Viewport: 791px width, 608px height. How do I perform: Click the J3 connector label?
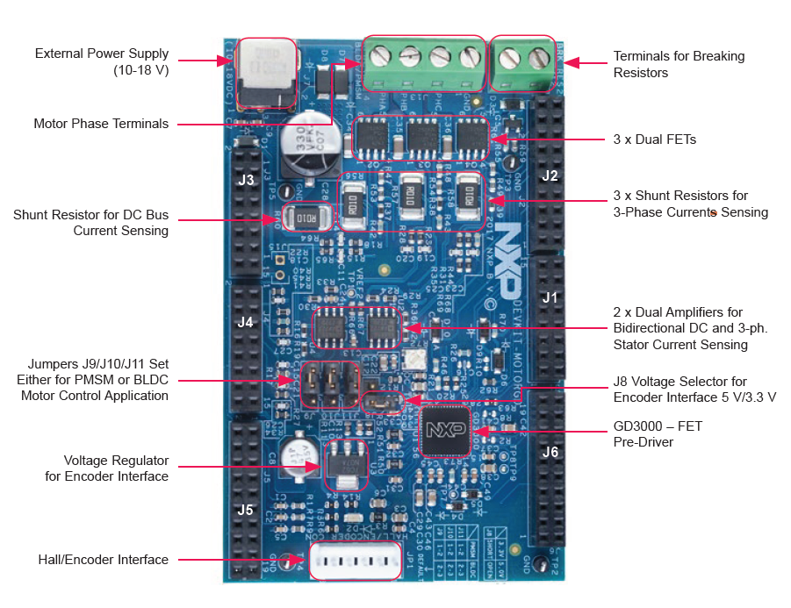coord(247,181)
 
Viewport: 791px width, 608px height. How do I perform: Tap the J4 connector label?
coord(246,322)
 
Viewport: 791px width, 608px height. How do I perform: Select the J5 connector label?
coord(245,509)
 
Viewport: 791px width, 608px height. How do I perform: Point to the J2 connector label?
coord(550,175)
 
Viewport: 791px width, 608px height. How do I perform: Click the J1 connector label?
coord(550,297)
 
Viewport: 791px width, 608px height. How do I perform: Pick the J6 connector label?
coord(550,453)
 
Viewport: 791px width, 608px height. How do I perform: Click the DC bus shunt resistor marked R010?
coord(310,218)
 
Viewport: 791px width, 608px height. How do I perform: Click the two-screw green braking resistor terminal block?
coord(523,62)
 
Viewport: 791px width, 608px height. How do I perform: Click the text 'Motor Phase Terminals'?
coord(101,124)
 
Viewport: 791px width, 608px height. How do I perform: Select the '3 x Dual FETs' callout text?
coord(655,139)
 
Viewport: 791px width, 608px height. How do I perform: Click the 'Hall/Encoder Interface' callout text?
coord(103,560)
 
